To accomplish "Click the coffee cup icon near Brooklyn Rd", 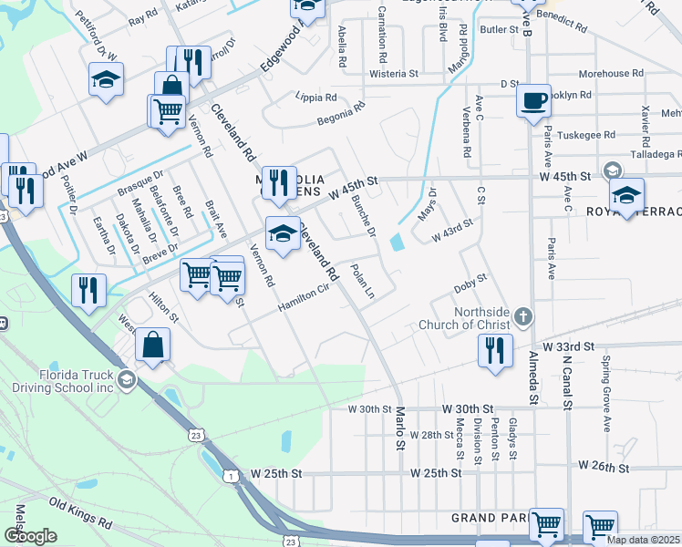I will (x=533, y=100).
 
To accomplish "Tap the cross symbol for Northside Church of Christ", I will (x=522, y=317).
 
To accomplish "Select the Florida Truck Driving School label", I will (x=77, y=381).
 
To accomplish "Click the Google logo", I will (x=30, y=536).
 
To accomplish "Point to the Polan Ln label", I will (x=363, y=282).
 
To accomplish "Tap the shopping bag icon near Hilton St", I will (x=153, y=346).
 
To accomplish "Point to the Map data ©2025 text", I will (x=644, y=540).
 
